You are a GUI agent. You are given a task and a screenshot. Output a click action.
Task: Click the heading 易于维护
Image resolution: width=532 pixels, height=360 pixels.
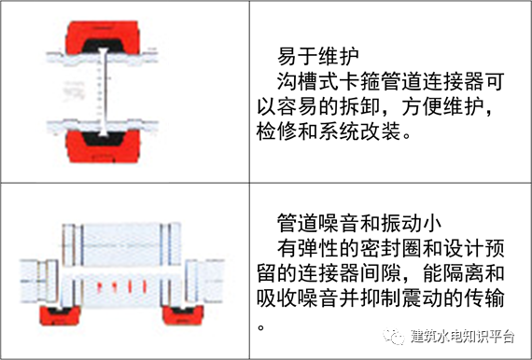[318, 56]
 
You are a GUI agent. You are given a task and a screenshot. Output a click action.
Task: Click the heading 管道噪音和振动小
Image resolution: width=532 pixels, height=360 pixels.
[359, 223]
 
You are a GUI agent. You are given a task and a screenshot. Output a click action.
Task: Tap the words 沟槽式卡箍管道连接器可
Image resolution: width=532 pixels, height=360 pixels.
[390, 81]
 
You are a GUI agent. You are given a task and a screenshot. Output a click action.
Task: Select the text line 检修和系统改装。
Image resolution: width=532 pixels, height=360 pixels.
[334, 132]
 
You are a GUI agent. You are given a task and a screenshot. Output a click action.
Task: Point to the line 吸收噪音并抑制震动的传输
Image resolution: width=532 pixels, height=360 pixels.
[381, 298]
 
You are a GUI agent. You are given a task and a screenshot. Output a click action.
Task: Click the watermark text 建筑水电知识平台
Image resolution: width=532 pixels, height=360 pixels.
[462, 336]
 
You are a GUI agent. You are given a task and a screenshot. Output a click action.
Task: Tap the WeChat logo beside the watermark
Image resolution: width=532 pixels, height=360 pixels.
[394, 336]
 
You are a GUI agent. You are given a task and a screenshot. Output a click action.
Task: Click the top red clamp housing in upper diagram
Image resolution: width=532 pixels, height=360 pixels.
[102, 36]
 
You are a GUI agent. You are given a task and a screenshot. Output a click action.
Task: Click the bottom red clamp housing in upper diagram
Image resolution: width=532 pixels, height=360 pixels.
[103, 147]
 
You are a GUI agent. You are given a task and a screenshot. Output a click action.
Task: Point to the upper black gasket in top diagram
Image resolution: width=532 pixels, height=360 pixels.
[102, 46]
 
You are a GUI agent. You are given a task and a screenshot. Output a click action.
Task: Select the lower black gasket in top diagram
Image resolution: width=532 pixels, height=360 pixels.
[103, 138]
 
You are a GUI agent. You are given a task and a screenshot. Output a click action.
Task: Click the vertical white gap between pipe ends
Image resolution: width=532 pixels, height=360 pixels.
[104, 91]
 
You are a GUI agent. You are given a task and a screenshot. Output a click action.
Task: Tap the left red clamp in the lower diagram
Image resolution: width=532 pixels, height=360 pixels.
[60, 315]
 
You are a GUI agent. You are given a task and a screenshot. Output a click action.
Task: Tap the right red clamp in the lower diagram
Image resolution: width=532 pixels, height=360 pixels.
[183, 314]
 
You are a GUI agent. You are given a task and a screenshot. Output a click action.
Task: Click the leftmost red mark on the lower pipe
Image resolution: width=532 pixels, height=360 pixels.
[100, 286]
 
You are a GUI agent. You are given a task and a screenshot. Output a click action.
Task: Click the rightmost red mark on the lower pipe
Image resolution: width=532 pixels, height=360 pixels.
[145, 286]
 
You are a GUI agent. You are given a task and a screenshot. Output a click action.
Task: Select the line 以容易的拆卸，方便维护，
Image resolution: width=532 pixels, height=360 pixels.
[375, 106]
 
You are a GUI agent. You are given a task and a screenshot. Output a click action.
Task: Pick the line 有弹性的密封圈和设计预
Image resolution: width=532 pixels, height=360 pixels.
[390, 248]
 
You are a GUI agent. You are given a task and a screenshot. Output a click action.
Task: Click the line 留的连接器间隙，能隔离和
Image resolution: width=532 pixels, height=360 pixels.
[381, 273]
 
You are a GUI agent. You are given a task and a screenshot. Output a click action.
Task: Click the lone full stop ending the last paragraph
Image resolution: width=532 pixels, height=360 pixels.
[261, 327]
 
